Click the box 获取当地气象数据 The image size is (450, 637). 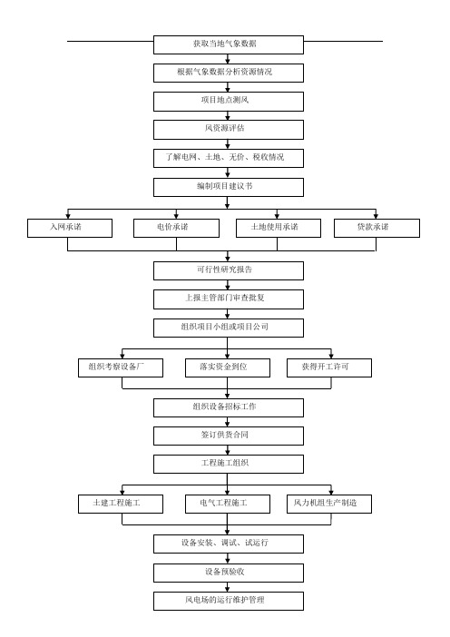[x=229, y=44]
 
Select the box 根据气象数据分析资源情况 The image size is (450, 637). [x=229, y=73]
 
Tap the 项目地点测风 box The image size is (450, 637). [x=229, y=102]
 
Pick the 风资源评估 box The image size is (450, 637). [x=229, y=130]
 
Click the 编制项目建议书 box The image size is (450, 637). [x=229, y=187]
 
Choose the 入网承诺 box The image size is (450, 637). [x=70, y=228]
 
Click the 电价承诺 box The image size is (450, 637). [x=176, y=228]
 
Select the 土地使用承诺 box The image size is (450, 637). [x=279, y=228]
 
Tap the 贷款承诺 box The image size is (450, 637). [x=377, y=228]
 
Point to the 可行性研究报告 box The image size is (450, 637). [x=229, y=270]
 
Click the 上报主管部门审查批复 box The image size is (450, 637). [x=229, y=299]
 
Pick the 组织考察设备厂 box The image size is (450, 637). [x=121, y=367]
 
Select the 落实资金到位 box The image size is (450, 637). [x=228, y=367]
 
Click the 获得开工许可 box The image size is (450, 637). [x=329, y=367]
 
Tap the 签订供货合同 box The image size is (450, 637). [x=229, y=436]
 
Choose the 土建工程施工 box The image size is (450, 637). [x=121, y=504]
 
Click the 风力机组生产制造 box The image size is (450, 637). [x=329, y=504]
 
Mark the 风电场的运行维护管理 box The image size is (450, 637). [x=229, y=601]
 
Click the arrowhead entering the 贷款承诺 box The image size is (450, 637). [x=376, y=217]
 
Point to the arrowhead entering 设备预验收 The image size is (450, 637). [x=228, y=561]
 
